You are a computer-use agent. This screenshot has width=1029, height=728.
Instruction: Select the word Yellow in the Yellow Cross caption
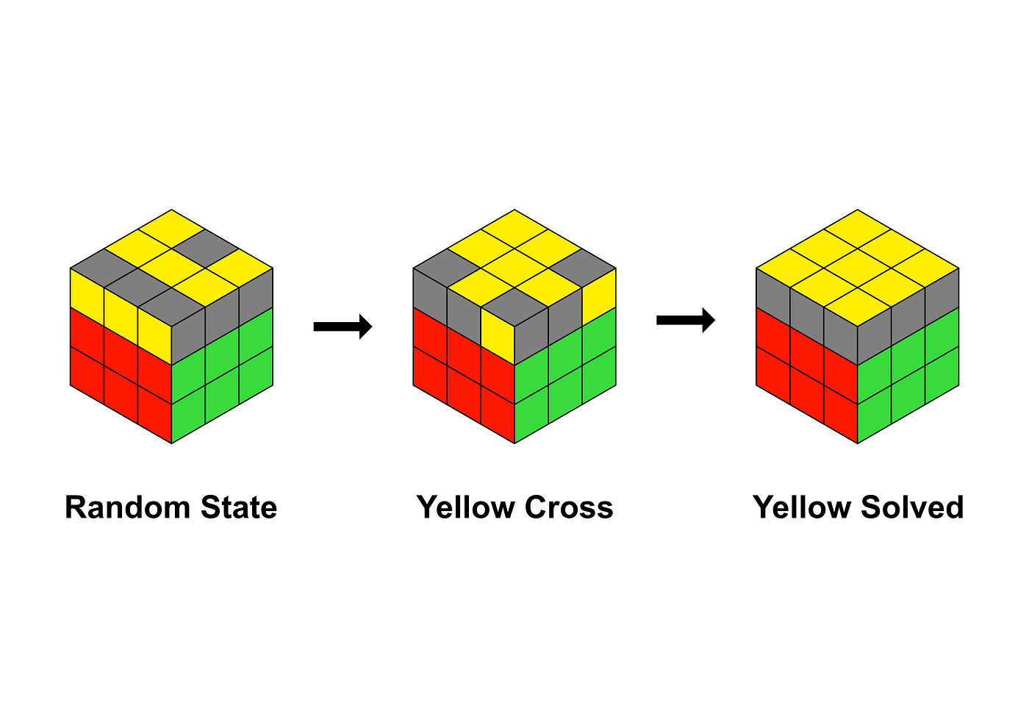(x=465, y=508)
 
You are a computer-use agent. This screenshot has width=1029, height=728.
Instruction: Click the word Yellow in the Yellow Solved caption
(x=802, y=508)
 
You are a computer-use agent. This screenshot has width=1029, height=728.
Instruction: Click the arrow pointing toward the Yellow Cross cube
(x=343, y=326)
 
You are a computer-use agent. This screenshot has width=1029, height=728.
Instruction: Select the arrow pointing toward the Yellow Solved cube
(x=685, y=320)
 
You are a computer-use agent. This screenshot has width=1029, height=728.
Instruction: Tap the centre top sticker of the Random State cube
(x=171, y=267)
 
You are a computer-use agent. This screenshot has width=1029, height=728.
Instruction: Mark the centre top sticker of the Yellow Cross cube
(x=514, y=267)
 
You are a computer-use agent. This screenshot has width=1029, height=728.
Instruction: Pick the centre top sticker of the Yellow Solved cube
(x=858, y=267)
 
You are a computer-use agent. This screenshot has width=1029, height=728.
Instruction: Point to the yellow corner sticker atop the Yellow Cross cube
(x=514, y=228)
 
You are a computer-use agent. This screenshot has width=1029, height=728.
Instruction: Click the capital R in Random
(x=74, y=508)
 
